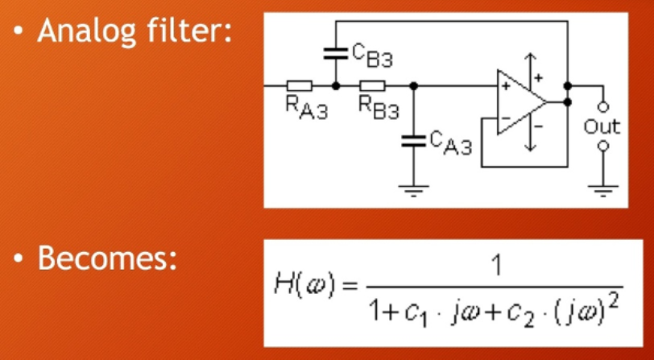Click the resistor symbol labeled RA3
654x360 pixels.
(300, 85)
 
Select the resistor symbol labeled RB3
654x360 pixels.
(372, 85)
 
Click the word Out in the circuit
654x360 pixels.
(602, 126)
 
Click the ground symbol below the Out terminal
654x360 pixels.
(602, 189)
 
